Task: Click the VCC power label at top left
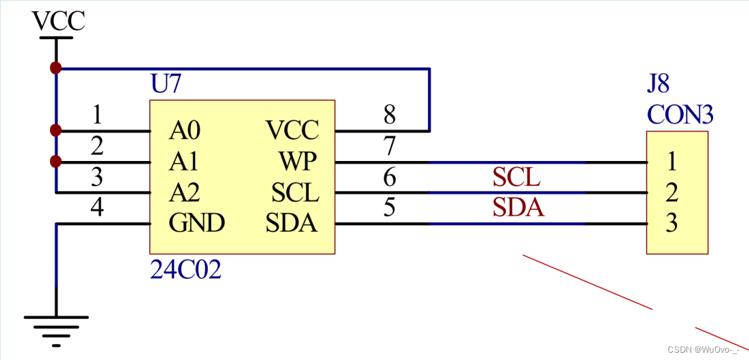(x=59, y=21)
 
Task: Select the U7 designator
(x=166, y=85)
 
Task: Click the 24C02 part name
(x=186, y=270)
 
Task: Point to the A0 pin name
(x=184, y=130)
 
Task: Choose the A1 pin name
(x=184, y=162)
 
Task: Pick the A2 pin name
(x=184, y=193)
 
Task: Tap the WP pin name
(x=298, y=162)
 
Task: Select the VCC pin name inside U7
(x=292, y=130)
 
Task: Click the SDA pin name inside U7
(x=292, y=224)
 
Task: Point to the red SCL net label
(x=516, y=178)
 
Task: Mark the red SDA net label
(x=518, y=208)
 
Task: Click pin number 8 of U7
(x=390, y=116)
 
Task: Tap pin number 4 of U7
(x=97, y=208)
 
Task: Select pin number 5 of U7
(x=390, y=208)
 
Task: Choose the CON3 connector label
(x=680, y=116)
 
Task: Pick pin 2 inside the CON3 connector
(x=672, y=192)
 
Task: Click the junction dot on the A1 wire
(x=56, y=162)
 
